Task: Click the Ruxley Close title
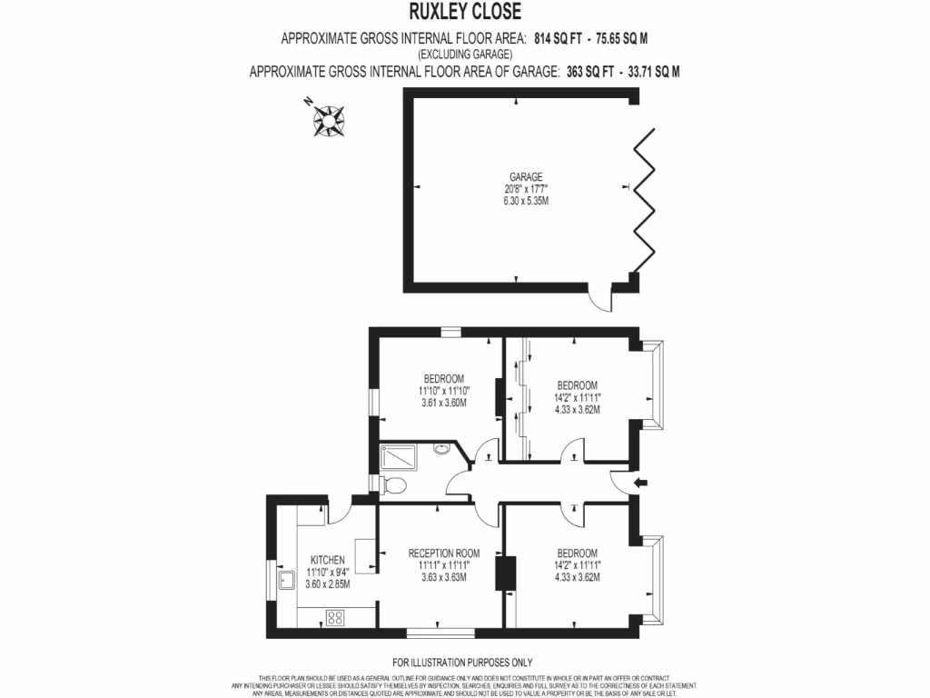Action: [464, 12]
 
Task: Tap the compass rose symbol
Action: [327, 118]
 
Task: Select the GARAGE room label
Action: [526, 177]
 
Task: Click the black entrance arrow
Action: [640, 484]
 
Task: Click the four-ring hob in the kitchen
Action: [333, 618]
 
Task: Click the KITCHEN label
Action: [327, 559]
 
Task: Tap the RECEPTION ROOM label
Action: [443, 553]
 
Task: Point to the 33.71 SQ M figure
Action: [648, 71]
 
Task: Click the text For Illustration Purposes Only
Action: [462, 663]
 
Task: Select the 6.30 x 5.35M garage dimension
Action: [526, 201]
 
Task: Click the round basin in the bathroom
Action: [442, 448]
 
